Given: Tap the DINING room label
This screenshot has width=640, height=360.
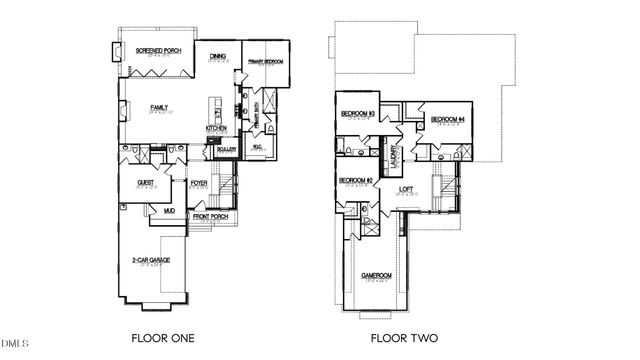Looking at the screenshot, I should point(217,58).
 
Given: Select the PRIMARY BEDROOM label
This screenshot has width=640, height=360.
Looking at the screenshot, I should point(265,62).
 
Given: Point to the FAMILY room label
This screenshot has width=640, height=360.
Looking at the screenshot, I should point(159,107).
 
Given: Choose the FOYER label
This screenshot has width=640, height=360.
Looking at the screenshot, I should point(199,183).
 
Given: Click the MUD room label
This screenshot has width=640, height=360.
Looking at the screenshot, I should point(155,211).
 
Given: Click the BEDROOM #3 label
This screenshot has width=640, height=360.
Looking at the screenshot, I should point(357,114).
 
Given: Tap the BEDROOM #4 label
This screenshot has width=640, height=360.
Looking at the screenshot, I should point(448,120).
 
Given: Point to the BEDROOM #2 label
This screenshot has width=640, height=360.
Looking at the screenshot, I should point(355,180).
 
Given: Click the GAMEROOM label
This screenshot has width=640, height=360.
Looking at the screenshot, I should point(376,275).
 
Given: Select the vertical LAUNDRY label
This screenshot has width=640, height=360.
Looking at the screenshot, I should point(395,154).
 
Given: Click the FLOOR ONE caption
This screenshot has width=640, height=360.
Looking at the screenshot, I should point(163,337).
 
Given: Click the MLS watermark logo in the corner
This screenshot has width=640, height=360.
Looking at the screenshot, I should point(15,346).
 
